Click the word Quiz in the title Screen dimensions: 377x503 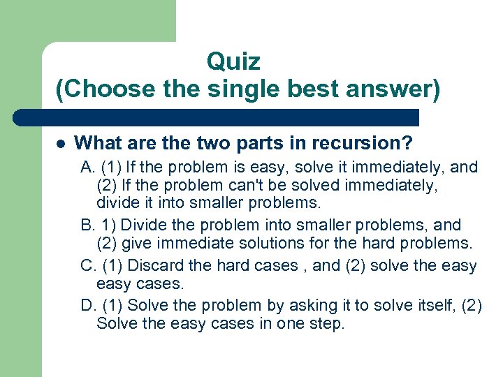click(x=233, y=62)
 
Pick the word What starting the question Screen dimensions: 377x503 click(x=97, y=144)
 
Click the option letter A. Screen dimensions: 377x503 click(x=87, y=168)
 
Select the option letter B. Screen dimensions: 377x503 click(x=87, y=225)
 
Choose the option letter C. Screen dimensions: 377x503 click(x=87, y=265)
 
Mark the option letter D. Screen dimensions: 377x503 click(x=87, y=305)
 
